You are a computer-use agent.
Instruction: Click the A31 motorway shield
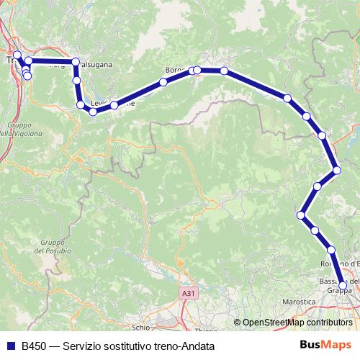[188, 293]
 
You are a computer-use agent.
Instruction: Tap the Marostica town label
[298, 303]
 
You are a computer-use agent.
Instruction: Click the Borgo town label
[176, 70]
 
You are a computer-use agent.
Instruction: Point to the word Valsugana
[95, 65]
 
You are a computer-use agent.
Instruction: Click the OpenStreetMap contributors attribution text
[297, 322]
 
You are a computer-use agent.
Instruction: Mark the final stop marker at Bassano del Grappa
[343, 285]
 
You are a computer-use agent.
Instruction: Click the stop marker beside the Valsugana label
[76, 62]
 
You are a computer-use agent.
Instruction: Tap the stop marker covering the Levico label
[114, 106]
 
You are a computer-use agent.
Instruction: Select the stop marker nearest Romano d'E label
[332, 250]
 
